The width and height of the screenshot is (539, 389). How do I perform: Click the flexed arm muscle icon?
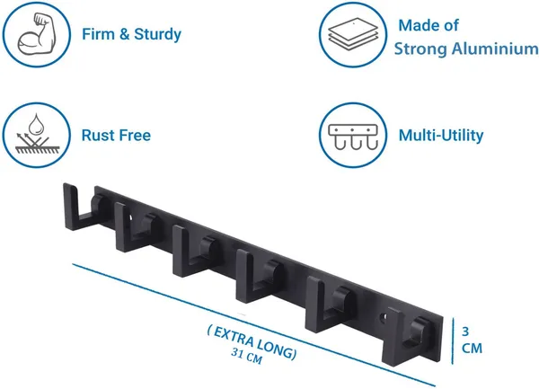36,34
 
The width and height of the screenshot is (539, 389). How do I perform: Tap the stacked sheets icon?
353,34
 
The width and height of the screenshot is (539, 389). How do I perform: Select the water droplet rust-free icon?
37,135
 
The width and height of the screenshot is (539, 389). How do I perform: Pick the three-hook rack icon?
353,137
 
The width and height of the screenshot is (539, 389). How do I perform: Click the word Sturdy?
157,35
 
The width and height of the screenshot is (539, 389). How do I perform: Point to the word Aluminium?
495,49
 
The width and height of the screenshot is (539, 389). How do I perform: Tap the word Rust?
96,135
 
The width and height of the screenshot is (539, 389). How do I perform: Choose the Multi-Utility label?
441,135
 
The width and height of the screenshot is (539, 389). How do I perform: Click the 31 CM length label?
246,356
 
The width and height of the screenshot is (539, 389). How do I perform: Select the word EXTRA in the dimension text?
234,336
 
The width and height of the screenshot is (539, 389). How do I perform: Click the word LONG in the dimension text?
276,349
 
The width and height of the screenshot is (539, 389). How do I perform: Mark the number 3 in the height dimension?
465,332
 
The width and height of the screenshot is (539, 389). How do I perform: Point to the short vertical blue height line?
453,340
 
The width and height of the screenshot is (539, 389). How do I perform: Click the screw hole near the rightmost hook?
382,319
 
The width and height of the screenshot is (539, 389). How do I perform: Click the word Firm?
98,34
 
